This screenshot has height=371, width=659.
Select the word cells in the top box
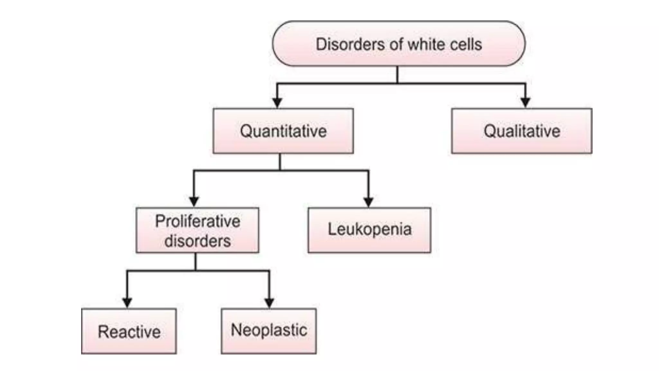coord(466,44)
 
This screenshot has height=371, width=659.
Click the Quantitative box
coord(283,131)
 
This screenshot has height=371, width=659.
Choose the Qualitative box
coord(522,131)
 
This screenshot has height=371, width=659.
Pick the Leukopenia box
coord(369,230)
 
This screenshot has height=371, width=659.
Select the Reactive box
coord(129,331)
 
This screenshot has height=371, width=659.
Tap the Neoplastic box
coord(269,331)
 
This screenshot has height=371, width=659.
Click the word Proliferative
coord(198,221)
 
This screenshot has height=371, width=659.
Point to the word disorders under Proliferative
coord(198,241)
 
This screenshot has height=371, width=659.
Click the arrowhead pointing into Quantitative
coord(277,103)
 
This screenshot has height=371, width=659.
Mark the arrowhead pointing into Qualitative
coord(525,102)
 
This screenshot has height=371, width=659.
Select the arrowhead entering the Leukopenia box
coord(368,202)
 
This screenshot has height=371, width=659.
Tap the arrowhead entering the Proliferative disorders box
coord(194,202)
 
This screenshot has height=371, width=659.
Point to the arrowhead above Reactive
coord(127,303)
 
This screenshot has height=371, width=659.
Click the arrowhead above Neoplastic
coord(269,303)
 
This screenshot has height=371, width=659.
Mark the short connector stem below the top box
coord(397,75)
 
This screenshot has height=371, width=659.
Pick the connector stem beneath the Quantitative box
coord(280,162)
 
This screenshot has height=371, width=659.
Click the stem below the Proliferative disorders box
coord(196,262)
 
